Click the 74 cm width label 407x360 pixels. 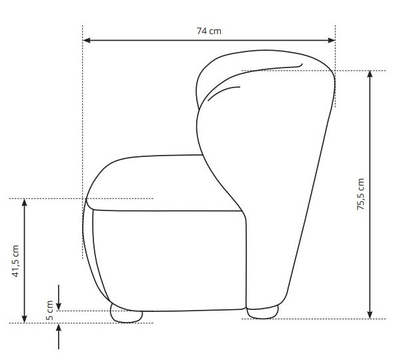tap(209, 31)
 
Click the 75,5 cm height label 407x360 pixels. tap(360, 194)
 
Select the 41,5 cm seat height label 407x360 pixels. tap(15, 261)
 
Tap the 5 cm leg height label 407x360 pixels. tap(49, 311)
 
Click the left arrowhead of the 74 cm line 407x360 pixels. tap(87, 40)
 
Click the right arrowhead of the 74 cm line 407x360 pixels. tap(332, 40)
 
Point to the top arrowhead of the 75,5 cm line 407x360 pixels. tap(370, 74)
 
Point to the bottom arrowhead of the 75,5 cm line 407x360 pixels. tap(370, 315)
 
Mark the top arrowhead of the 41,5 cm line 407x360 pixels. tap(25, 202)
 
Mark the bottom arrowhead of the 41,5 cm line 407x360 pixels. tap(25, 319)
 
